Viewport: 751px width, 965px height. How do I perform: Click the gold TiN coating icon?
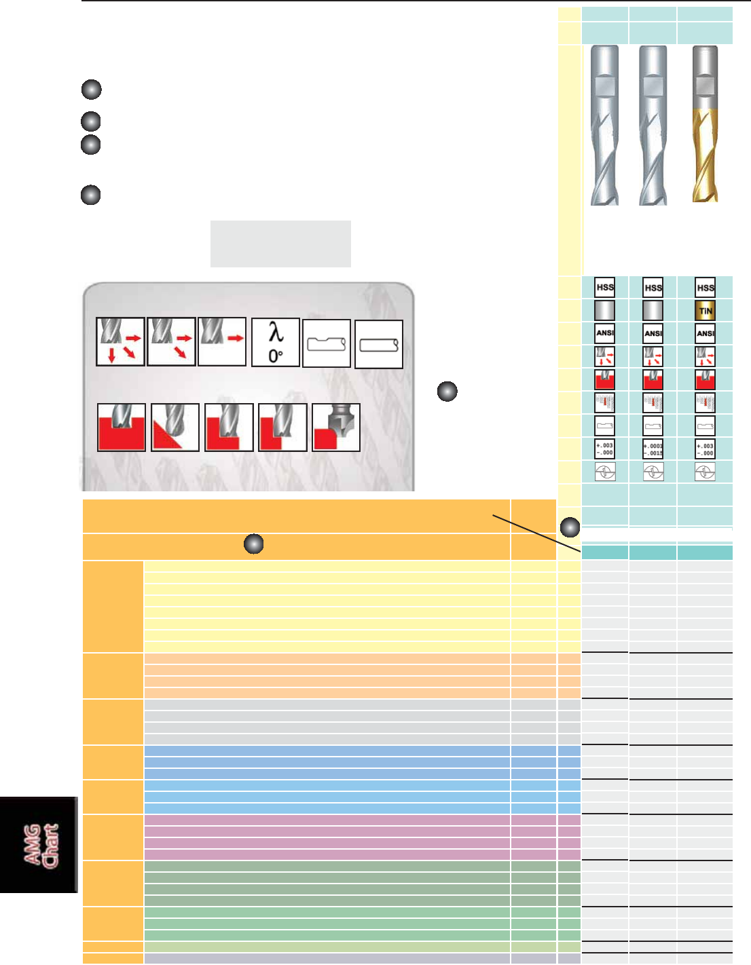click(706, 311)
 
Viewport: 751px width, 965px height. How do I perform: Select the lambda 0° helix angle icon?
click(276, 342)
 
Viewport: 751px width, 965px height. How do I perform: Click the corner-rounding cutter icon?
click(336, 428)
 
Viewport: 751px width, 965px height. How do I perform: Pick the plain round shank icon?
click(379, 344)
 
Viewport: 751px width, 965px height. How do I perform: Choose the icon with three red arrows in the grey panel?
click(120, 341)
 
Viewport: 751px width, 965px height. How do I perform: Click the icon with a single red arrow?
click(222, 341)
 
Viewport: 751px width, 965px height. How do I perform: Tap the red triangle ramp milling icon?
click(175, 428)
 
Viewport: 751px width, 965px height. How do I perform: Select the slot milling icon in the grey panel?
click(122, 428)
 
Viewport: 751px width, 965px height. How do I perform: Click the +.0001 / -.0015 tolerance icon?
click(653, 449)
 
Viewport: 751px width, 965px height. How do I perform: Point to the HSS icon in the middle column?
click(653, 288)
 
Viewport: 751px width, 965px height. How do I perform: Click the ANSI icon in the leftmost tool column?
click(604, 333)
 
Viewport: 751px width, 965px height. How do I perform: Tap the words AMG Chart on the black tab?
click(41, 845)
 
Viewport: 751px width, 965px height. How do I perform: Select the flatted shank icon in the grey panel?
click(327, 344)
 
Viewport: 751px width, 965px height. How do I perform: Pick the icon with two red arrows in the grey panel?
click(171, 341)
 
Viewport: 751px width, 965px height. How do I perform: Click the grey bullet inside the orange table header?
click(253, 544)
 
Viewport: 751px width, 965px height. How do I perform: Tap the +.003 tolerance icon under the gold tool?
click(706, 449)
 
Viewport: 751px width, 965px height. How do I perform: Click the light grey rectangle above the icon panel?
click(280, 244)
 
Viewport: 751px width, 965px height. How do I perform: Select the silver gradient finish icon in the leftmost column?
click(604, 311)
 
